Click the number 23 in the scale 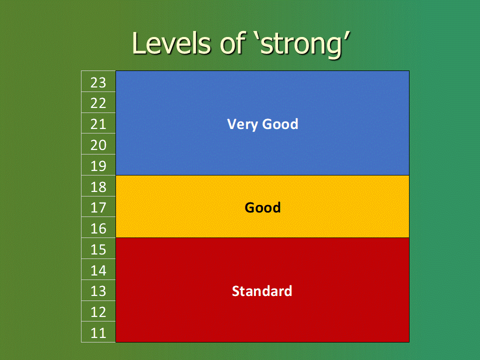[x=98, y=82]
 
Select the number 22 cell [x=98, y=103]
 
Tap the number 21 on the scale [x=98, y=124]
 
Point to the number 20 [x=98, y=145]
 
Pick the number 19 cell [x=98, y=166]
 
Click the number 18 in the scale [x=98, y=186]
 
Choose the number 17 [x=98, y=207]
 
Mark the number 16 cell [x=98, y=228]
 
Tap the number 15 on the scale [x=98, y=249]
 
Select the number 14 [x=98, y=270]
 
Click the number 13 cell [x=98, y=291]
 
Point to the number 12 [x=98, y=312]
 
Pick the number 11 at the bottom [x=98, y=333]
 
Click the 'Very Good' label [x=262, y=124]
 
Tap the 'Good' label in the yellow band [x=262, y=207]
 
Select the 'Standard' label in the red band [x=262, y=291]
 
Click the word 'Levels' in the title [x=171, y=43]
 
